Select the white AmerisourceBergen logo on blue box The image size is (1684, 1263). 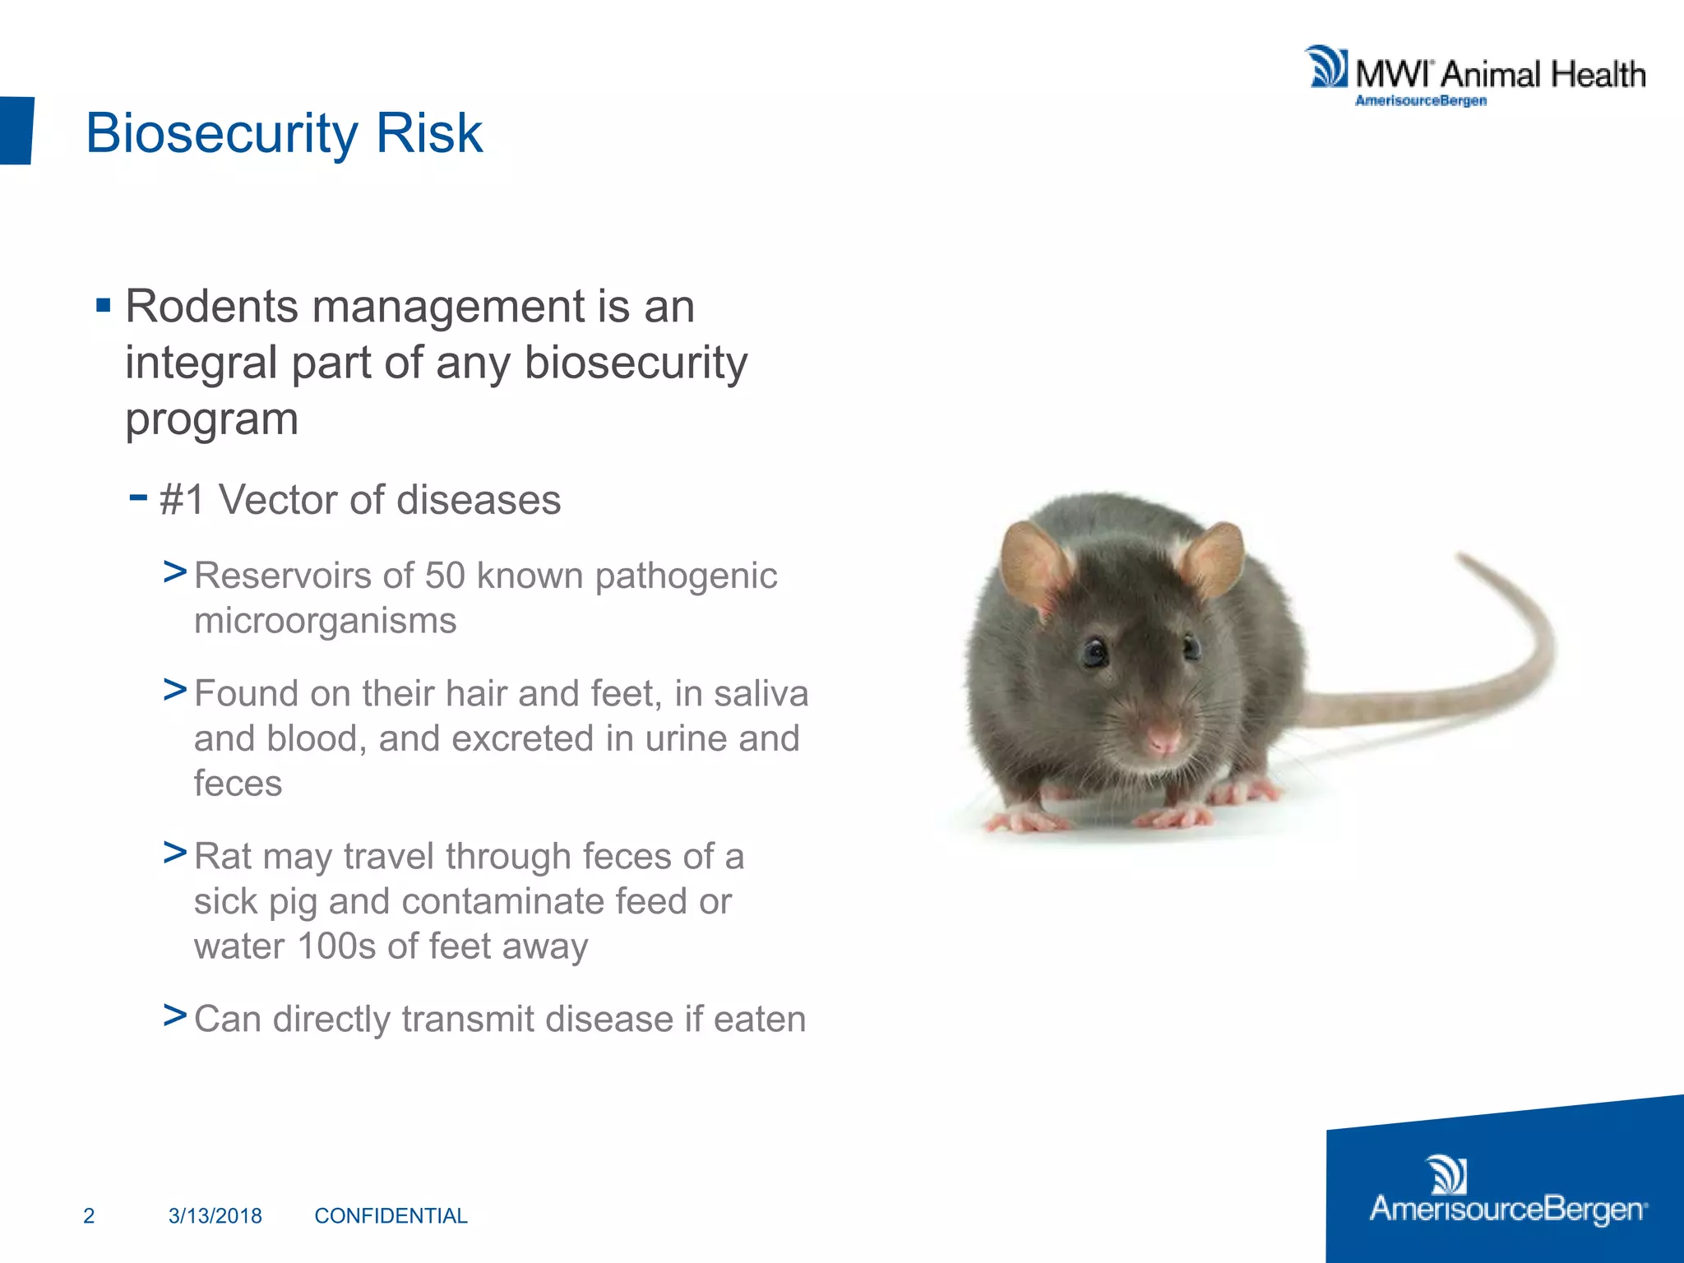tap(1507, 1192)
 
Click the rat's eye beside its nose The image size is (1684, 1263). tap(1094, 652)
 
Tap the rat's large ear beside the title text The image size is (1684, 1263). tap(1033, 563)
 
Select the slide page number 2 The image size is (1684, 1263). tap(89, 1215)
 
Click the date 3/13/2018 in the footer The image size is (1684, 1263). tap(215, 1215)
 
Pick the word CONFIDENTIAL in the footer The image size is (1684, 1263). tap(391, 1215)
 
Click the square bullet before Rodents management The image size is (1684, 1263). tap(103, 307)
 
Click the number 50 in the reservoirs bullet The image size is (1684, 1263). tap(445, 576)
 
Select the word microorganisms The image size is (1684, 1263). tap(325, 621)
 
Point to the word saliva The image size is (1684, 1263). tap(761, 693)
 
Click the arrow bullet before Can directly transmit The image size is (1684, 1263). tap(174, 1016)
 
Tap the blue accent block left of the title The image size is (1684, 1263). tap(16, 130)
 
